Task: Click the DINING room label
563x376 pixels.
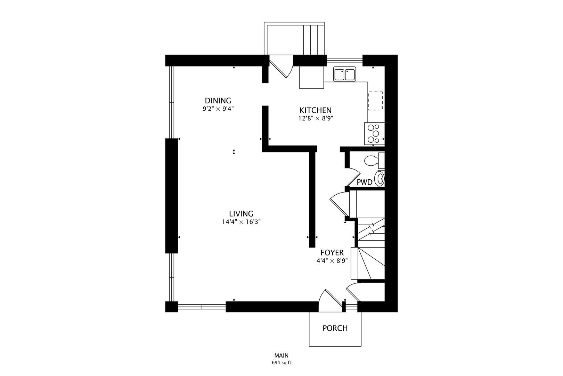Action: coord(218,101)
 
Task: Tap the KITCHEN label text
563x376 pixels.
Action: coord(316,110)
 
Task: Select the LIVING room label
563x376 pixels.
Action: coord(241,214)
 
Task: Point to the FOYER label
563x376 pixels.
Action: coord(332,253)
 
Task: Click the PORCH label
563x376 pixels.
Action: coord(335,328)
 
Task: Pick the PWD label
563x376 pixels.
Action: coord(365,182)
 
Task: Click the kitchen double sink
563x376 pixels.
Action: coord(345,74)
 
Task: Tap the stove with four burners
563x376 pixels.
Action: coord(374,133)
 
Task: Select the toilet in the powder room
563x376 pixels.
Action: coord(374,160)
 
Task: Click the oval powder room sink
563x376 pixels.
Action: coord(380,179)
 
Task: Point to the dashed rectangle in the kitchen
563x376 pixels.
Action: coord(375,101)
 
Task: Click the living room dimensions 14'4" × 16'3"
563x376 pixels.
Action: coord(241,222)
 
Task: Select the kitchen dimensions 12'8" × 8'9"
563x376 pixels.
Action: coord(316,118)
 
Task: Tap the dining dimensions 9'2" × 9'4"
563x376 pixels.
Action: coord(218,109)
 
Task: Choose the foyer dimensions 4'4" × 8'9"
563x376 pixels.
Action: coord(332,261)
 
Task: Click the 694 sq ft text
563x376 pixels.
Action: coord(281,363)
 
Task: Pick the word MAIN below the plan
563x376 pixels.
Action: coord(281,355)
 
